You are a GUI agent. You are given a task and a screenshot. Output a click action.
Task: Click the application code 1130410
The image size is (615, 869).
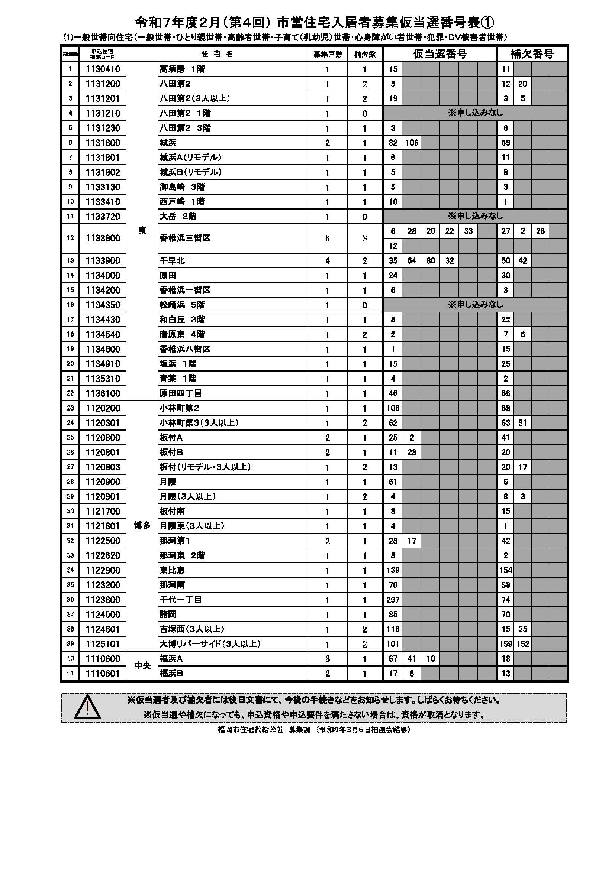pyautogui.click(x=103, y=69)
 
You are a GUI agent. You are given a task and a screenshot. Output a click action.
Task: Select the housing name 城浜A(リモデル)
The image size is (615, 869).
pyautogui.click(x=190, y=157)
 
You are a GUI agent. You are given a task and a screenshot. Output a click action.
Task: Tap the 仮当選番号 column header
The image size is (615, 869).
pyautogui.click(x=439, y=54)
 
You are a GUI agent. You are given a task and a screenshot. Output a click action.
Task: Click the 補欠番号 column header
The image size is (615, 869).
pyautogui.click(x=532, y=54)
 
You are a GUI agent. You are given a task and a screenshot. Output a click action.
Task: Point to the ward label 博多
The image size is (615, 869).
pyautogui.click(x=142, y=526)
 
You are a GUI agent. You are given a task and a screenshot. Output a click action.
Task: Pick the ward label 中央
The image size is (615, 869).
pyautogui.click(x=142, y=665)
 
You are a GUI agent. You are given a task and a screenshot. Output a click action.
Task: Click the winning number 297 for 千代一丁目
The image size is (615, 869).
pyautogui.click(x=393, y=600)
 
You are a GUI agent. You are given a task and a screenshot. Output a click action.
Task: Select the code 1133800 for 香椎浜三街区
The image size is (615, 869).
pyautogui.click(x=103, y=238)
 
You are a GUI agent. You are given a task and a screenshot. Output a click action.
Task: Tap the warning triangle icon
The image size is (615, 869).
pyautogui.click(x=87, y=707)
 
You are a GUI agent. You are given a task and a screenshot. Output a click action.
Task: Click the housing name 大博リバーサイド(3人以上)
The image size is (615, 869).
pyautogui.click(x=210, y=643)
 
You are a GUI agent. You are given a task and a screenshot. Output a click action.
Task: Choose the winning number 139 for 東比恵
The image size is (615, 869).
pyautogui.click(x=393, y=570)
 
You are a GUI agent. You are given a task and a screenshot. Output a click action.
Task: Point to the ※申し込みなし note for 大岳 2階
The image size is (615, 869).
pyautogui.click(x=475, y=216)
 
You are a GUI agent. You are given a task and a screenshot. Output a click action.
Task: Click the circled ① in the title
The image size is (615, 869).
pyautogui.click(x=487, y=23)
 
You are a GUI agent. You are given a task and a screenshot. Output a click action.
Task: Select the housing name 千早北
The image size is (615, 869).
pyautogui.click(x=172, y=260)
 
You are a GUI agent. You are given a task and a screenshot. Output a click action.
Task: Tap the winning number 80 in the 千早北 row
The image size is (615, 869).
pyautogui.click(x=431, y=260)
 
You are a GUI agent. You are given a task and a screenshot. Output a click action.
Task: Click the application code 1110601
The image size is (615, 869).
pyautogui.click(x=103, y=673)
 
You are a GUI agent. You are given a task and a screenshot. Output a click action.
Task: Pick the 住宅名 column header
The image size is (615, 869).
pyautogui.click(x=217, y=54)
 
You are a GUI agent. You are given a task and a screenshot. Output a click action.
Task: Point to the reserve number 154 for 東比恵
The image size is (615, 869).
pyautogui.click(x=506, y=570)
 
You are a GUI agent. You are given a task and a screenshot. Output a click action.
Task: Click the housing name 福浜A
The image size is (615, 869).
pyautogui.click(x=171, y=658)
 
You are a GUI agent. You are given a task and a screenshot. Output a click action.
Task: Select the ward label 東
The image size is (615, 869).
pyautogui.click(x=142, y=230)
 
